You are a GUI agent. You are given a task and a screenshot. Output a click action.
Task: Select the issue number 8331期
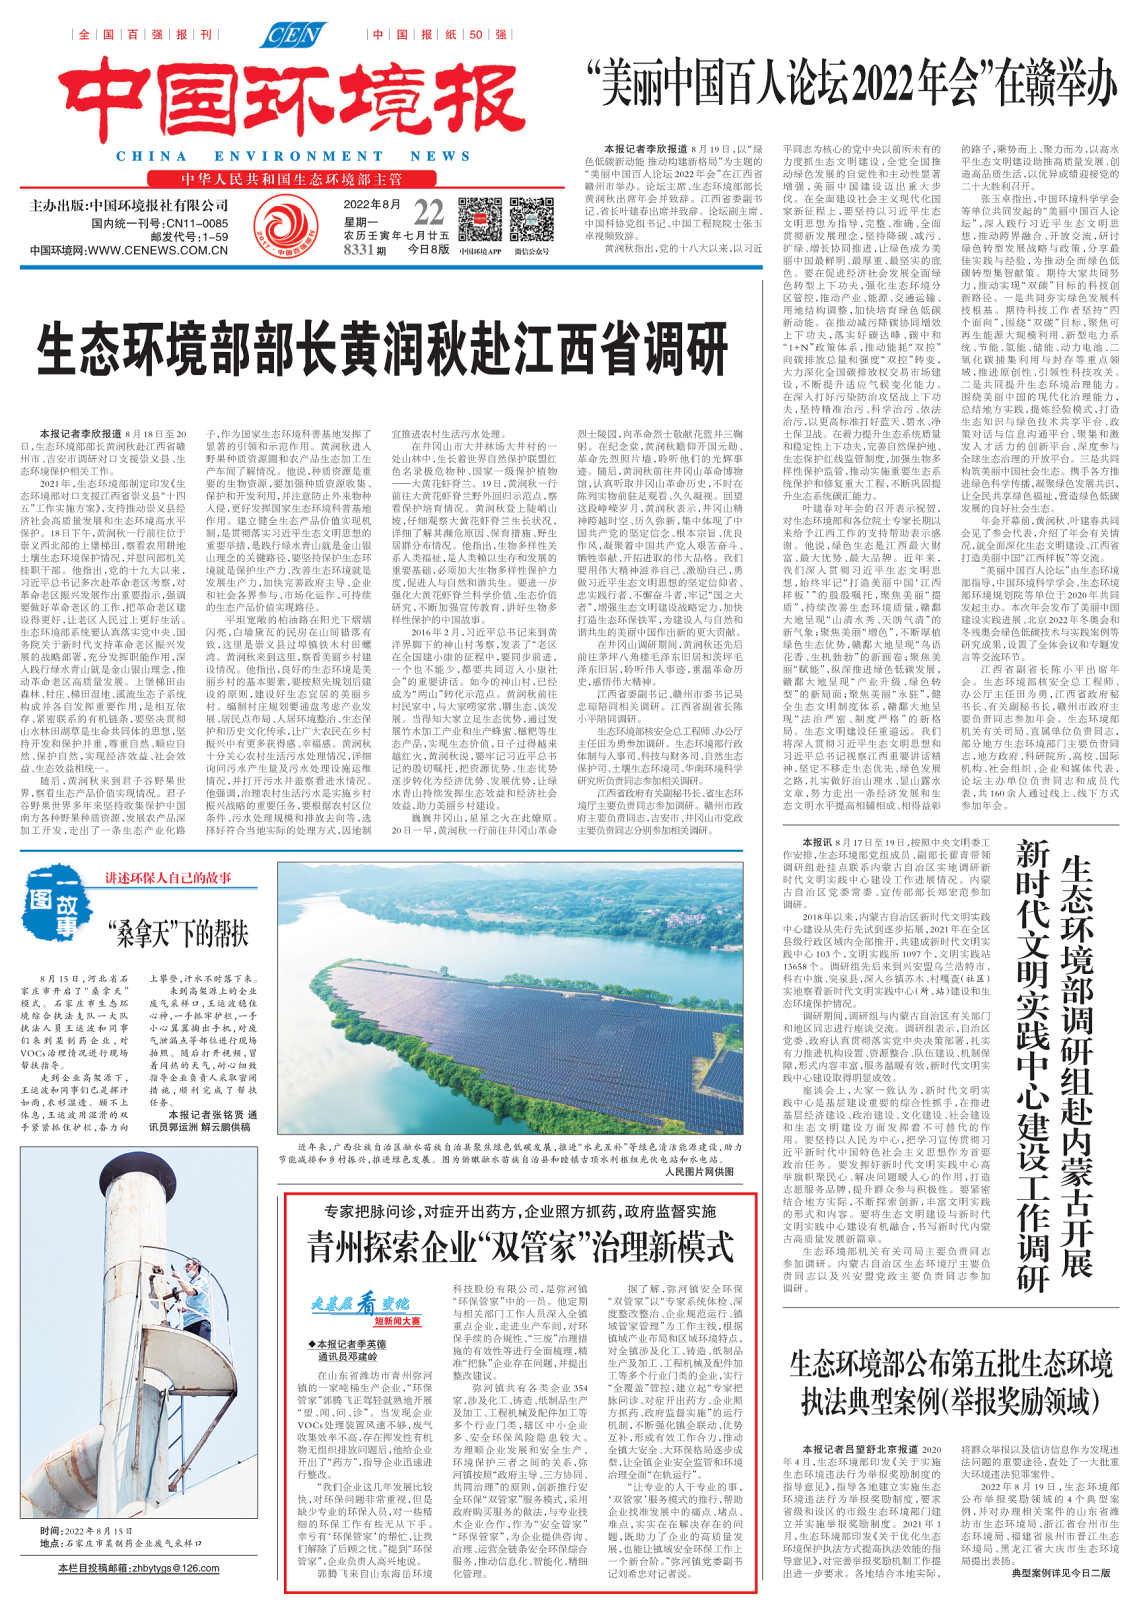(365, 250)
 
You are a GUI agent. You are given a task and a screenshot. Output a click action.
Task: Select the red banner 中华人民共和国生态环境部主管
(291, 179)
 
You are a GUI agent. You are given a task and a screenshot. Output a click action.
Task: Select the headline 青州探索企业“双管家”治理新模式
(520, 1248)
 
